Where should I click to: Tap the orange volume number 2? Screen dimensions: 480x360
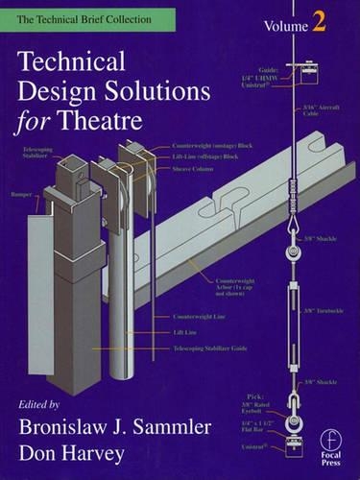coord(317,25)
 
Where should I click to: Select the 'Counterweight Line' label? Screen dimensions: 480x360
coord(201,317)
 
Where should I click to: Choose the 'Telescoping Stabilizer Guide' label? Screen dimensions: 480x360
coord(210,349)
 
